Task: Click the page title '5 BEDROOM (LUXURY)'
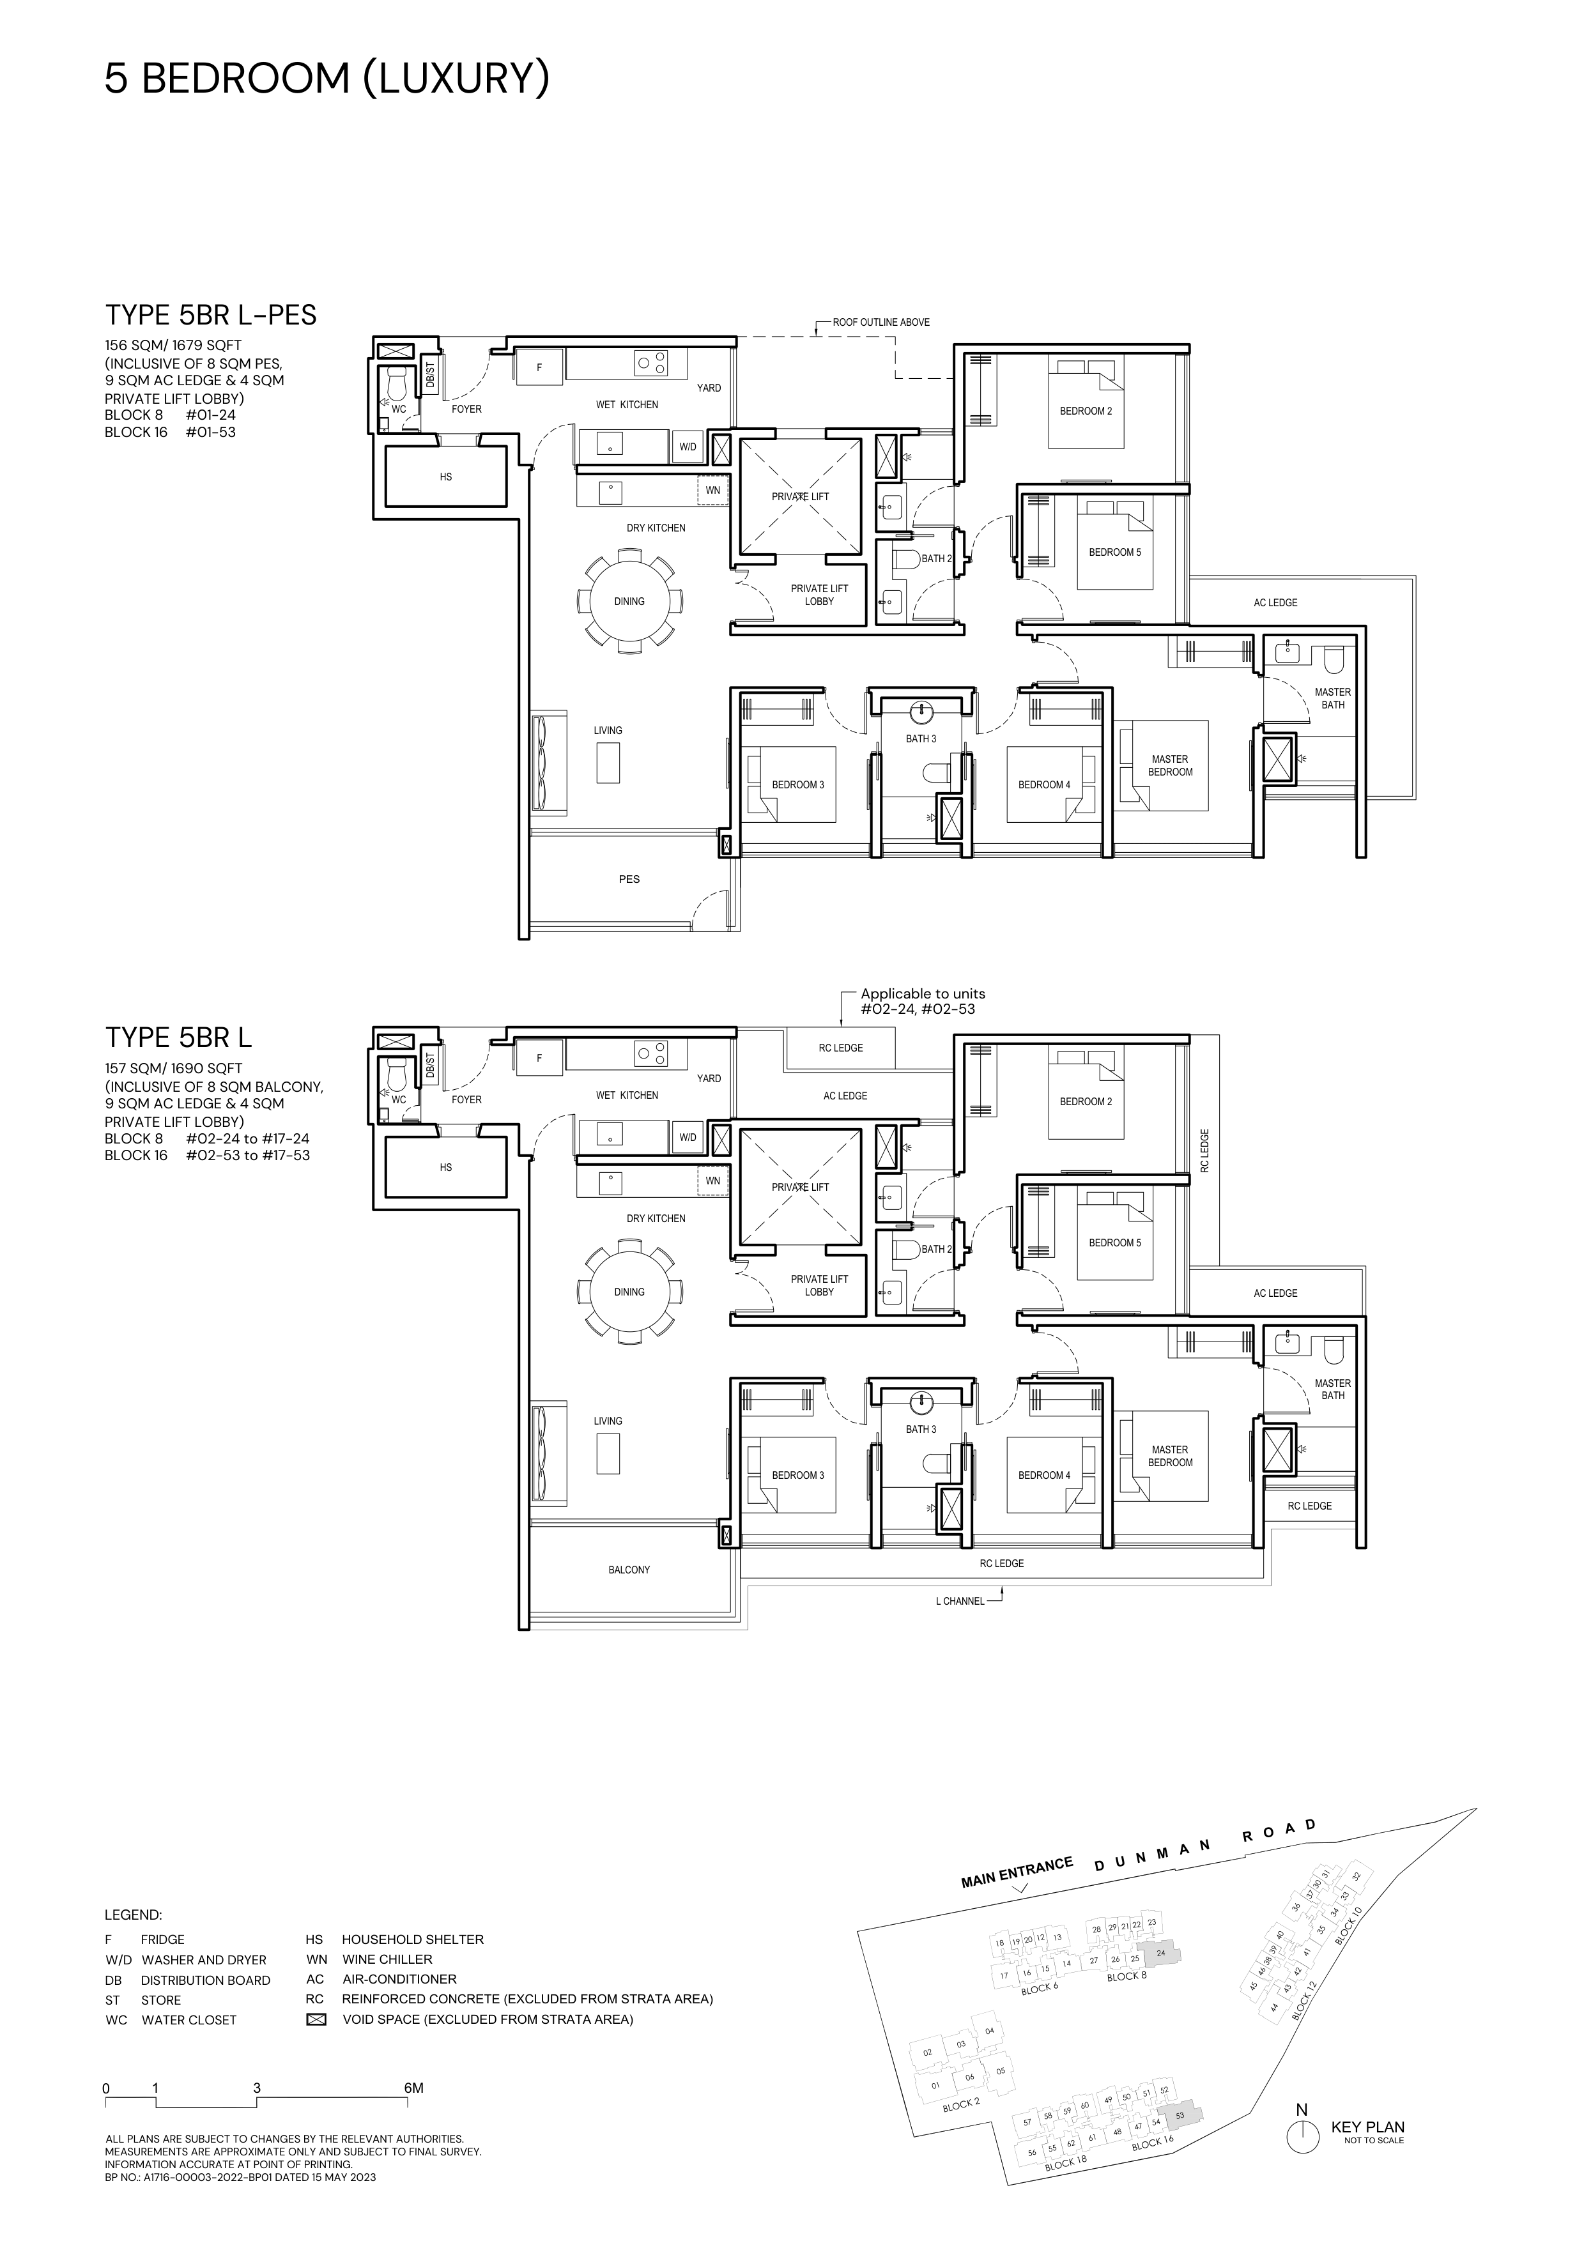pos(327,79)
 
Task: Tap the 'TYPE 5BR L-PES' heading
pos(211,316)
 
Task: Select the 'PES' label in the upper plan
pos(629,880)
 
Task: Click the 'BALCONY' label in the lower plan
pos(629,1570)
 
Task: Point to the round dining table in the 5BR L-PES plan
pos(629,601)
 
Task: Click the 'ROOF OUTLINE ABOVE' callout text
pos(881,322)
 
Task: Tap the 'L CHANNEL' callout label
pos(960,1602)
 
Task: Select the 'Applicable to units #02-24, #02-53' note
pos(918,1002)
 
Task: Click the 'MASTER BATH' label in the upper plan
pos(1333,698)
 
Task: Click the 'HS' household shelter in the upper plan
pos(446,477)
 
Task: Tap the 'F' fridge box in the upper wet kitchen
pos(540,368)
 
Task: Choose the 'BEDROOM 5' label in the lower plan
pos(1114,1243)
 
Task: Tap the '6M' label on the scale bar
pos(414,2088)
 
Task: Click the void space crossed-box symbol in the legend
pos(315,2019)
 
